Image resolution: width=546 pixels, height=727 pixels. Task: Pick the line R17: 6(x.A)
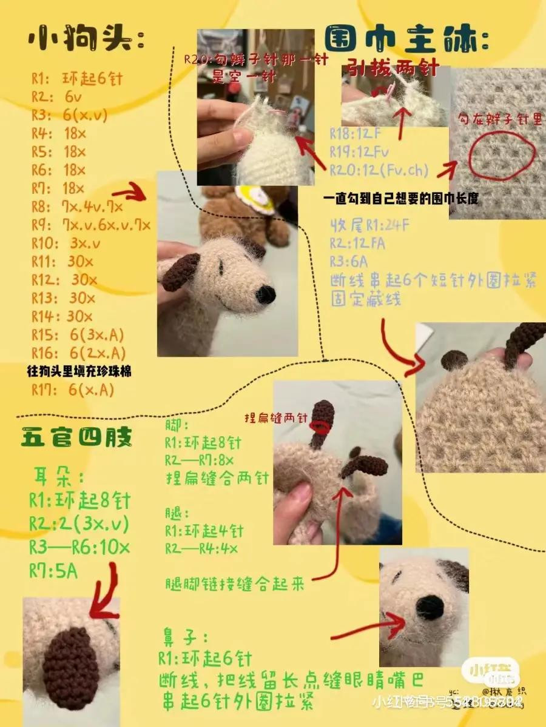[73, 391]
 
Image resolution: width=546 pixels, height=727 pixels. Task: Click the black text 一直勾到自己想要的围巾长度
[400, 199]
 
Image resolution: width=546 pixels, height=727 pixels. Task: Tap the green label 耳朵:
[54, 477]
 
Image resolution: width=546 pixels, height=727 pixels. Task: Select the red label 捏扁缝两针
[277, 418]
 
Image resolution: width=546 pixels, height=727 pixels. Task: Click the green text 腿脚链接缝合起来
[234, 585]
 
